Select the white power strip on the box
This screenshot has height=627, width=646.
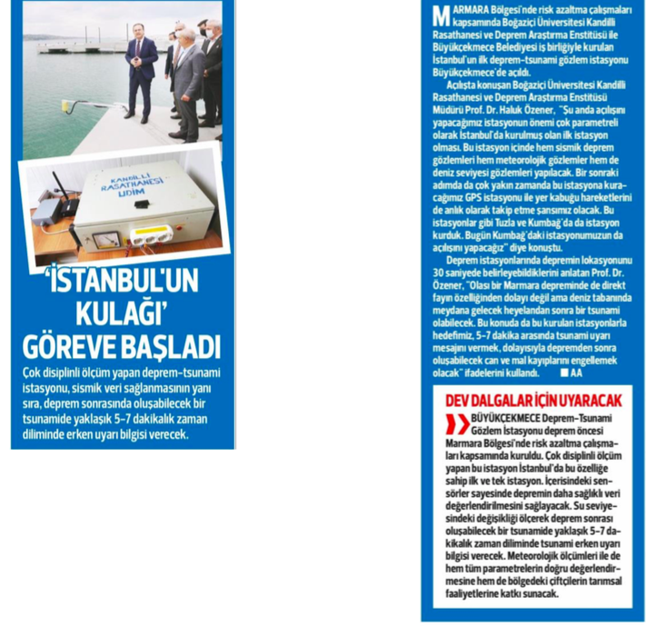[x=151, y=235]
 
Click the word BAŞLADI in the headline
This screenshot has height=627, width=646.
[x=170, y=347]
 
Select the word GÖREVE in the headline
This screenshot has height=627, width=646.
[x=70, y=347]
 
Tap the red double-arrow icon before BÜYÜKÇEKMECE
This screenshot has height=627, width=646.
[x=452, y=423]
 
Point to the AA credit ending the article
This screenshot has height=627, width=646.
[x=577, y=373]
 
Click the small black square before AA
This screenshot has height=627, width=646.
[x=563, y=373]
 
